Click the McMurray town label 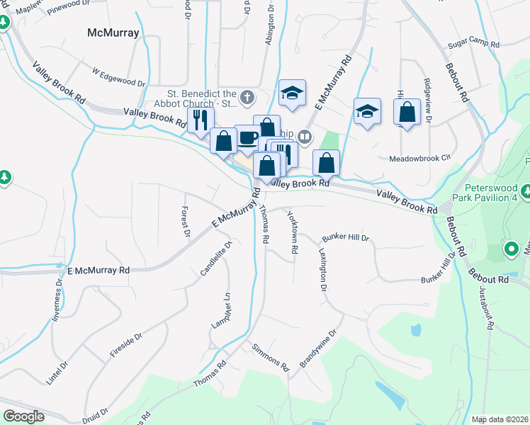click(x=113, y=33)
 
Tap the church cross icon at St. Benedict click(x=247, y=96)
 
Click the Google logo click(x=23, y=416)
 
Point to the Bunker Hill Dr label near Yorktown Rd click(x=346, y=238)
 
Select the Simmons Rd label click(x=271, y=358)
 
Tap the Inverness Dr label click(x=57, y=298)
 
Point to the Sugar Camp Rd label click(x=473, y=45)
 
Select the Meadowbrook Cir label click(x=420, y=159)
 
